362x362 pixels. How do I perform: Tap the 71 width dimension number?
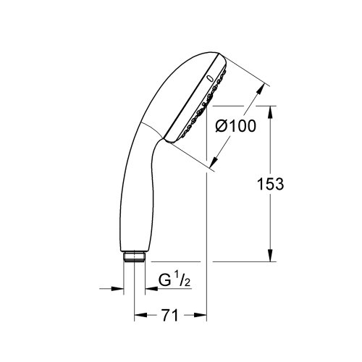point(171,316)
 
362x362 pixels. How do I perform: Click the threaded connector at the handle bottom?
point(133,256)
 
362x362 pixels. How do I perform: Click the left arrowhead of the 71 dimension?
point(139,316)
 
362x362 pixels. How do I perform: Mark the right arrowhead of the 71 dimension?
point(203,316)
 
